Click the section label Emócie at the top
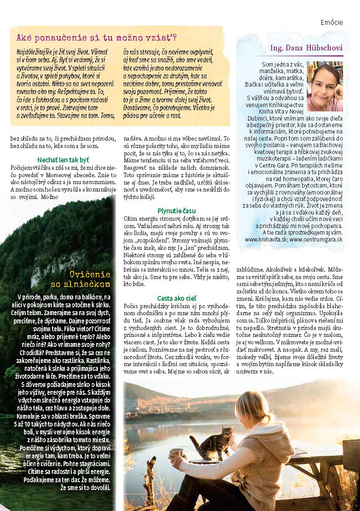(x=331, y=22)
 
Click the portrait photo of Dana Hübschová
(x=325, y=86)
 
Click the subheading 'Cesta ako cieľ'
(x=176, y=298)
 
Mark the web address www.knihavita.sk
(x=266, y=240)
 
